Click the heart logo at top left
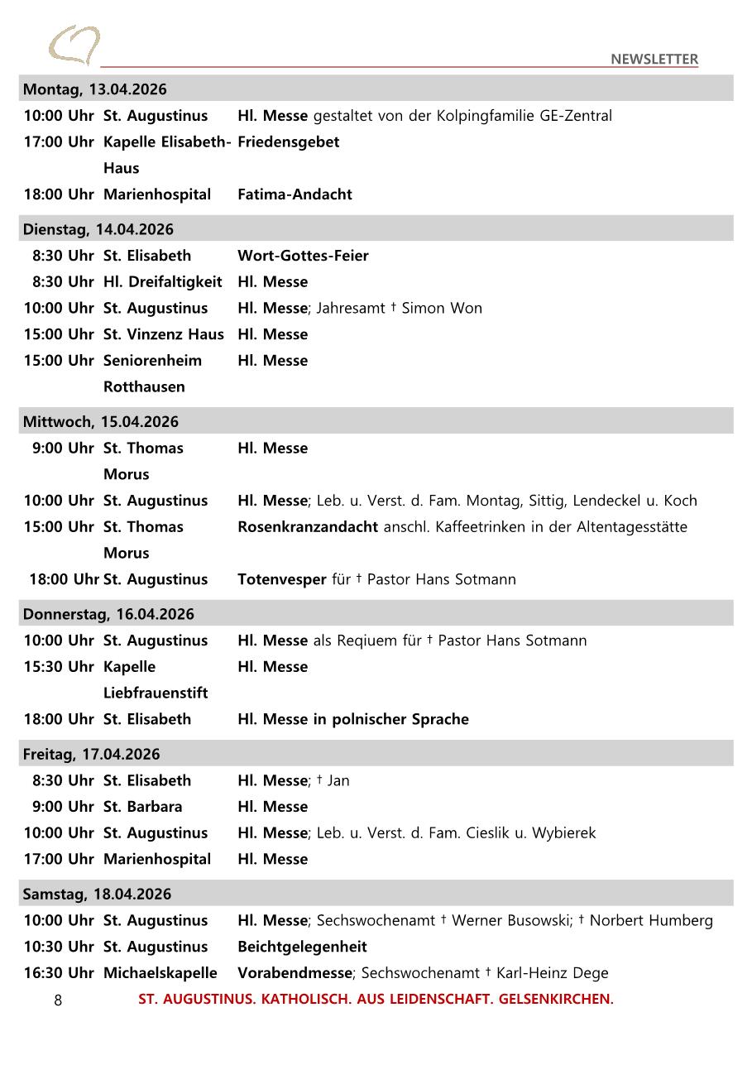[x=74, y=45]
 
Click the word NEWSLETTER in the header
[x=654, y=59]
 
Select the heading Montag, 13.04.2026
[x=94, y=89]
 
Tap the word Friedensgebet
[x=288, y=142]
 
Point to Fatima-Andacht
[x=295, y=194]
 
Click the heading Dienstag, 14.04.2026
[x=98, y=229]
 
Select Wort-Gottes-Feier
[x=303, y=256]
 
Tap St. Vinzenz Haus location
[x=163, y=334]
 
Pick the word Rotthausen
[x=144, y=386]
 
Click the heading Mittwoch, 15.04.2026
[x=100, y=422]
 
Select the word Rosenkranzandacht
[x=308, y=527]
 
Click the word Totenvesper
[x=281, y=579]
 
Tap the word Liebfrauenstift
[x=156, y=693]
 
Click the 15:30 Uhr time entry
[x=58, y=667]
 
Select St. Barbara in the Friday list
[x=142, y=807]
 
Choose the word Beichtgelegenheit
[x=302, y=947]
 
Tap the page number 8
[x=58, y=1000]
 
